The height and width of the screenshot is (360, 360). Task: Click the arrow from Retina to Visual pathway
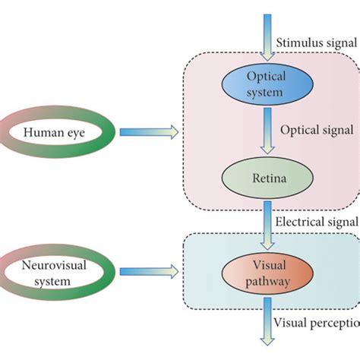(265, 225)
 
